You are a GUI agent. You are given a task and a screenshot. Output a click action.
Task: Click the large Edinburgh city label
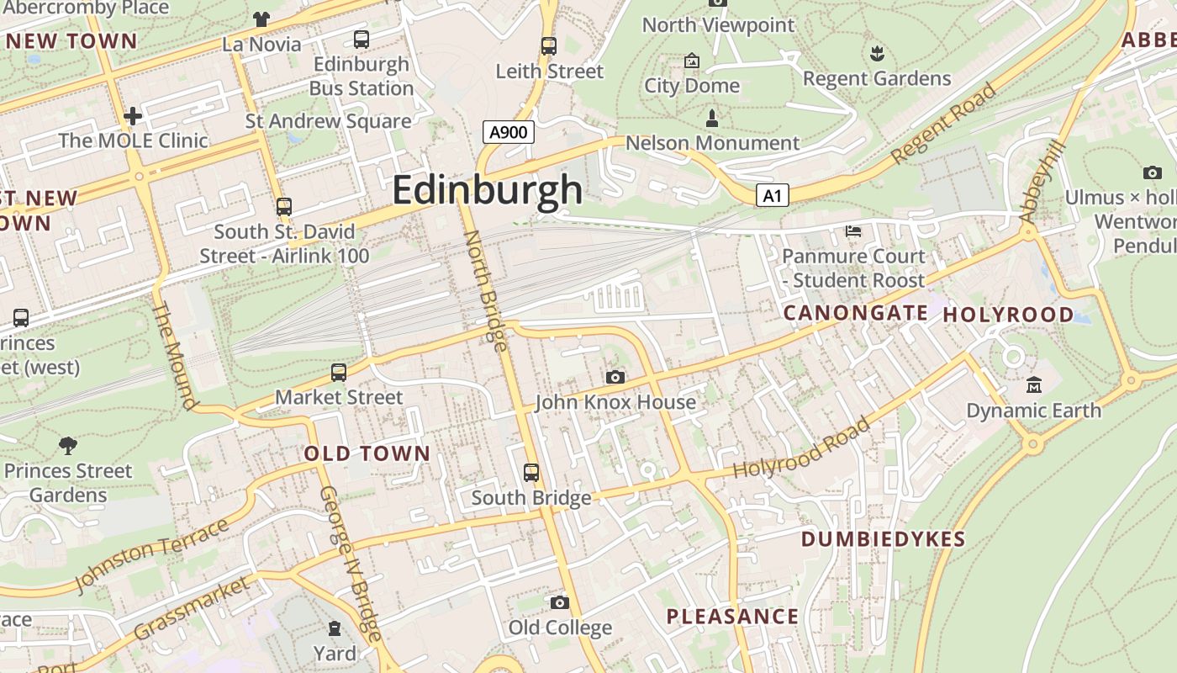[487, 189]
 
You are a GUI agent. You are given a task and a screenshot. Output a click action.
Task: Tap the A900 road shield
[509, 132]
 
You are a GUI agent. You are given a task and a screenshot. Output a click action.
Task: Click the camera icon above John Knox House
[615, 378]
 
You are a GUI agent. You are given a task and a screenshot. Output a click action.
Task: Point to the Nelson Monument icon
[712, 118]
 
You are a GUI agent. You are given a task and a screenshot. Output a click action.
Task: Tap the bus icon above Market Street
[339, 372]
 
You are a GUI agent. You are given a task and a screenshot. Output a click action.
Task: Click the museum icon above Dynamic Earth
[1033, 385]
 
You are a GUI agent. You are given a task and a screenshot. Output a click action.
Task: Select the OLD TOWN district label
[367, 453]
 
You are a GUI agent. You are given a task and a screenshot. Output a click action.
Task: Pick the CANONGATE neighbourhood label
[855, 313]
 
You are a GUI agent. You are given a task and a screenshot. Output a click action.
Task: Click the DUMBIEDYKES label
[883, 539]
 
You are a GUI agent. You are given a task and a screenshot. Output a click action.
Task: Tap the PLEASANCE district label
[732, 617]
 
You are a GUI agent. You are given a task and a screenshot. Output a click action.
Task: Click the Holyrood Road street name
[800, 448]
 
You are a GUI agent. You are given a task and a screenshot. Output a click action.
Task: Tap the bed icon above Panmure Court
[853, 231]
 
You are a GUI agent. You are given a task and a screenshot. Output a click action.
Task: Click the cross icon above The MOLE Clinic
[133, 115]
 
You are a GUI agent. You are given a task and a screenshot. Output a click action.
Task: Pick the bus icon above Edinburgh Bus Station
[362, 39]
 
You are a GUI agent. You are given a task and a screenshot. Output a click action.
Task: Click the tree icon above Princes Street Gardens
[68, 445]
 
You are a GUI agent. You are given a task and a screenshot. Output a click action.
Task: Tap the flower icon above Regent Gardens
[877, 54]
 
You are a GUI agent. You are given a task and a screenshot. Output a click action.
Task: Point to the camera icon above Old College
[559, 602]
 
